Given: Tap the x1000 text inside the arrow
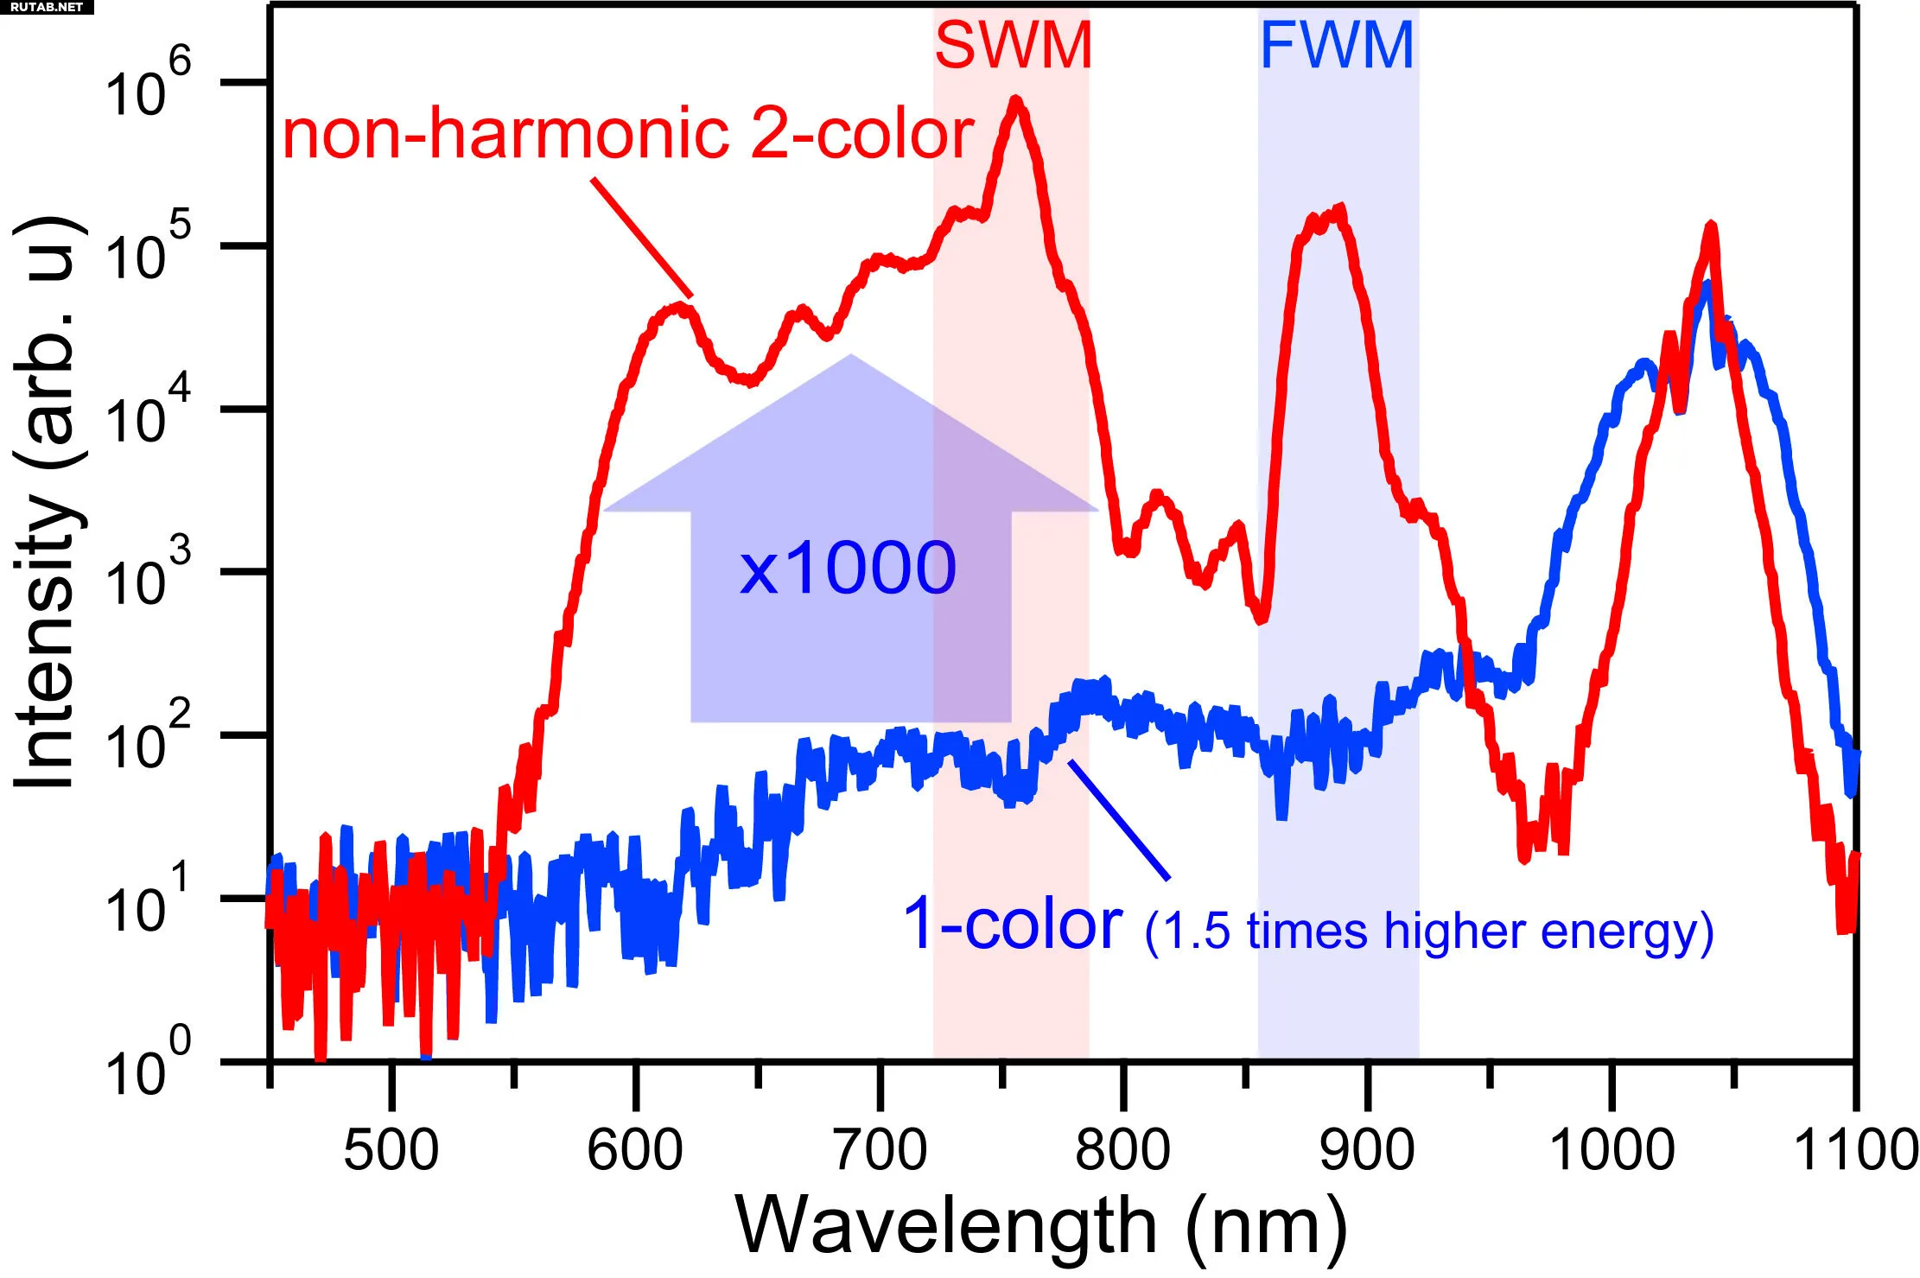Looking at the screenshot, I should [x=848, y=568].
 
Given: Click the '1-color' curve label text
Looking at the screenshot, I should [x=1012, y=924].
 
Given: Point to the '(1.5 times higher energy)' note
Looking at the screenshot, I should [x=1429, y=931].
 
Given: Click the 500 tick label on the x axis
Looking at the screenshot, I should [x=391, y=1150].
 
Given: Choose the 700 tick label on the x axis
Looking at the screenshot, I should [x=880, y=1150].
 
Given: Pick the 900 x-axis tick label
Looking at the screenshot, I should [x=1367, y=1150].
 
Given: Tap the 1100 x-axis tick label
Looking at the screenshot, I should [x=1855, y=1150].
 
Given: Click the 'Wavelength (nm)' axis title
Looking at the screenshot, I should [x=1040, y=1225].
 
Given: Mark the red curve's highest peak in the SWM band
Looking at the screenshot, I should [x=1016, y=102].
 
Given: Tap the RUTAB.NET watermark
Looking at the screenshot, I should [x=46, y=7].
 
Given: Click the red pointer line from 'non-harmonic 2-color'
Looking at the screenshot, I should [x=641, y=237].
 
